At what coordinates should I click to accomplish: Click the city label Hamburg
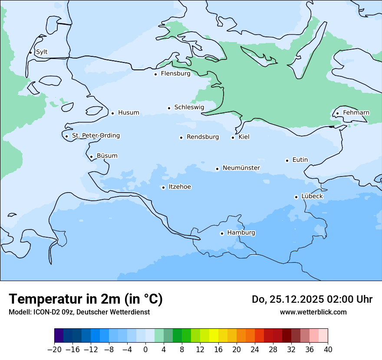[x=241, y=233]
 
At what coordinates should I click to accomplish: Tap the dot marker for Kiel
[x=233, y=137]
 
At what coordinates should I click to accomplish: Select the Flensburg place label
[x=175, y=74]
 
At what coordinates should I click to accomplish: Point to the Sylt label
[x=42, y=52]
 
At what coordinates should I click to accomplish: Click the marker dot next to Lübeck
[x=296, y=197]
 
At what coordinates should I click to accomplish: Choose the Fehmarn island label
[x=356, y=113]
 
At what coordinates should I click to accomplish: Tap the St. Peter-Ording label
[x=95, y=136]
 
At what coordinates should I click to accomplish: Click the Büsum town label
[x=107, y=156]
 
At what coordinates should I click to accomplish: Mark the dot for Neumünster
[x=217, y=169]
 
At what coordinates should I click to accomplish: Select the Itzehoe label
[x=180, y=187]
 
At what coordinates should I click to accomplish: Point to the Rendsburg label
[x=203, y=137]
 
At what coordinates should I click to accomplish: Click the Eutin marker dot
[x=287, y=160]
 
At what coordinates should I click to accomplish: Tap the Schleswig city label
[x=189, y=107]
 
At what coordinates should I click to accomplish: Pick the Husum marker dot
[x=112, y=113]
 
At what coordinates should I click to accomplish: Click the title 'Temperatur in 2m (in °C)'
[x=86, y=299]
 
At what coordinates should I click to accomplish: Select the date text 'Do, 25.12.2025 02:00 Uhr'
[x=312, y=299]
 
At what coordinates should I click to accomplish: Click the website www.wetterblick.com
[x=313, y=312]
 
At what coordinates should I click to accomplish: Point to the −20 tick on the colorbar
[x=55, y=350]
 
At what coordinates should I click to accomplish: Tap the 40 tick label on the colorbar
[x=328, y=350]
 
